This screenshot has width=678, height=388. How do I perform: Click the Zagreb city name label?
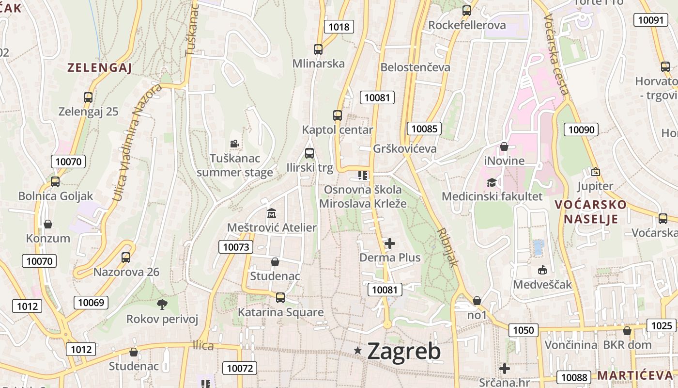tap(404, 351)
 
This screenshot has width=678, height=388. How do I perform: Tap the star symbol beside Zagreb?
tap(358, 350)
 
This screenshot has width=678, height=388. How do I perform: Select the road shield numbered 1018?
tap(339, 27)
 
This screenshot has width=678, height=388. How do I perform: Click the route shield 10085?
tap(424, 129)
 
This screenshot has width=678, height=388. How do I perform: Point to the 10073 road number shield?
tap(236, 247)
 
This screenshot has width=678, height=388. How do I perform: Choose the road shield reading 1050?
tap(523, 330)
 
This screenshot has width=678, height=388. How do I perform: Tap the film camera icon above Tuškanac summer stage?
tap(234, 144)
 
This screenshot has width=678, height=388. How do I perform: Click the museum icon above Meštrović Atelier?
tap(272, 213)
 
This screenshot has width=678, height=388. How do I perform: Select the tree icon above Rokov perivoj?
tap(162, 305)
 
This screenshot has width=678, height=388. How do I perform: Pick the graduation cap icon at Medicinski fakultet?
tap(492, 182)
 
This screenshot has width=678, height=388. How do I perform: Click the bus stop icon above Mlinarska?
tap(318, 49)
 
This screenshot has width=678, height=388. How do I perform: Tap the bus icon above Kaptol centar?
tap(338, 115)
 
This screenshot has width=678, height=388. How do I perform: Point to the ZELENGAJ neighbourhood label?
tap(99, 68)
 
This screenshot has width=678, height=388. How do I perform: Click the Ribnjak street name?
tap(447, 247)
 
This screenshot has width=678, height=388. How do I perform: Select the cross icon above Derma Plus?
tap(390, 243)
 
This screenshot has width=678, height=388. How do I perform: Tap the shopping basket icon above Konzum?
tap(48, 224)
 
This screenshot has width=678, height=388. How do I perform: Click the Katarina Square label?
tap(280, 312)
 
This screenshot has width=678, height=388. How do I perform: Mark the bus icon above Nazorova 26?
tap(126, 258)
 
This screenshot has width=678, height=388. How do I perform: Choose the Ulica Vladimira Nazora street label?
tap(137, 142)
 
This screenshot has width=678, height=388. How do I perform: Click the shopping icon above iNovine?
tap(504, 146)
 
